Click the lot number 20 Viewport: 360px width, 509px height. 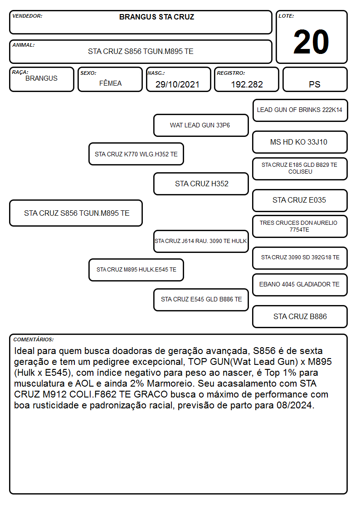point(311,42)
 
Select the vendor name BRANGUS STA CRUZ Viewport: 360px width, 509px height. point(156,17)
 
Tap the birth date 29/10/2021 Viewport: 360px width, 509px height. point(177,84)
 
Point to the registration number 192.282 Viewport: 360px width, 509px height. point(247,84)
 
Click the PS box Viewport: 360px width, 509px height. point(315,79)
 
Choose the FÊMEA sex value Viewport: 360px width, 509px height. point(110,83)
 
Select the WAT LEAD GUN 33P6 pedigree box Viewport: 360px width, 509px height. point(201,125)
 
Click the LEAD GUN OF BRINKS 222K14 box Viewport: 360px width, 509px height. point(300,111)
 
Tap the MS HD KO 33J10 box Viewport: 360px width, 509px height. point(300,142)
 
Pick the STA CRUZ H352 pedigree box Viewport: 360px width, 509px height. point(201,184)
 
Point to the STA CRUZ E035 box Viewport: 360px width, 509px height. point(300,200)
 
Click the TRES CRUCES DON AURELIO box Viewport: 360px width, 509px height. point(300,226)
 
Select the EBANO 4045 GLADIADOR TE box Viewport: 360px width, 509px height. point(300,285)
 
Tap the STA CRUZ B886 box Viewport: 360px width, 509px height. point(300,316)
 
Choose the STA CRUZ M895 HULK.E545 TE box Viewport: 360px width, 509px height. point(136,270)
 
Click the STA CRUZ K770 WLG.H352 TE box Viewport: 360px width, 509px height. point(136,154)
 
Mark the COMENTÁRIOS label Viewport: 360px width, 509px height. point(34,339)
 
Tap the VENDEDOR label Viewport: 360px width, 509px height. point(27,16)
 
